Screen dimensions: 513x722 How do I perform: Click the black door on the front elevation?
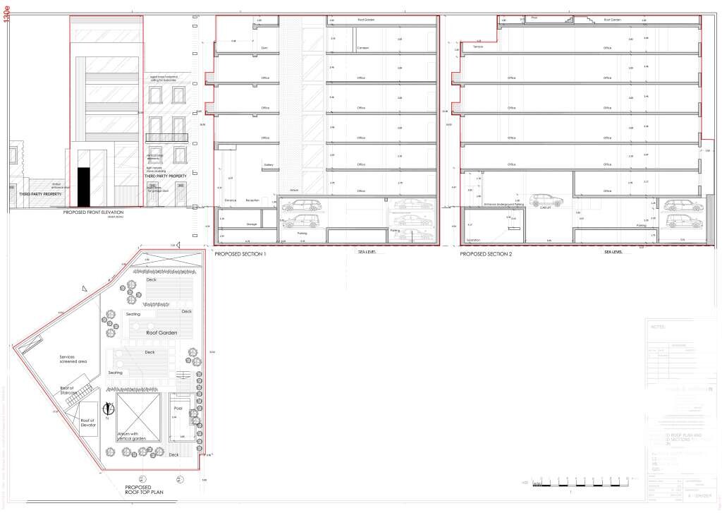[x=84, y=187]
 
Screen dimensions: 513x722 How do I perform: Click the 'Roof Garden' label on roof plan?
[x=161, y=333]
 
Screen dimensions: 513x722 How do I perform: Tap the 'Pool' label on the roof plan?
[x=178, y=408]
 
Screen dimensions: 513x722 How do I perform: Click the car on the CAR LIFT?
[x=546, y=200]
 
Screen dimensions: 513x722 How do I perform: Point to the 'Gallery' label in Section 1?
[x=268, y=164]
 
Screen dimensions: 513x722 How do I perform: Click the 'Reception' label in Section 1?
[x=252, y=200]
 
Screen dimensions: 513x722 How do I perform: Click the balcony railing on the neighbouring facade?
[x=166, y=138]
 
